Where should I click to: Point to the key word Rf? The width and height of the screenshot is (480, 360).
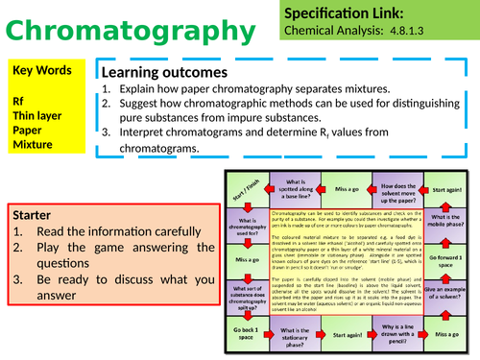(x=18, y=99)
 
